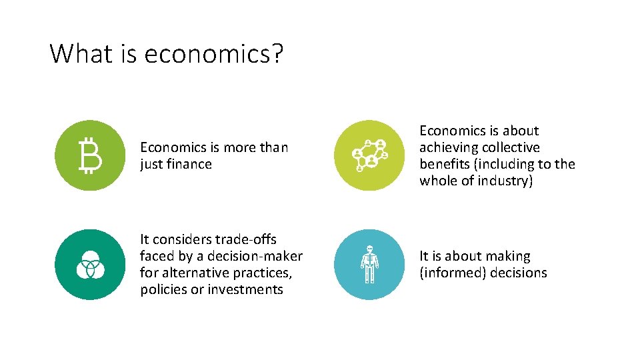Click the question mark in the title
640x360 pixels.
pos(277,53)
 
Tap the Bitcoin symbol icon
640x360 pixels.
pos(90,155)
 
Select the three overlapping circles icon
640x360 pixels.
pos(90,265)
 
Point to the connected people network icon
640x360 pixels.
pos(369,155)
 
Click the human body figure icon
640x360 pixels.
pos(369,265)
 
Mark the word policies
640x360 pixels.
pos(164,289)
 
